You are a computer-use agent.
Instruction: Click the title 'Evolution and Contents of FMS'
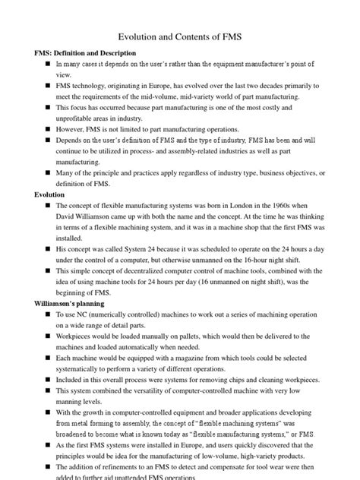pos(179,36)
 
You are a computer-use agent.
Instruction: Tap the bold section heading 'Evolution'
pos(42,195)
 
